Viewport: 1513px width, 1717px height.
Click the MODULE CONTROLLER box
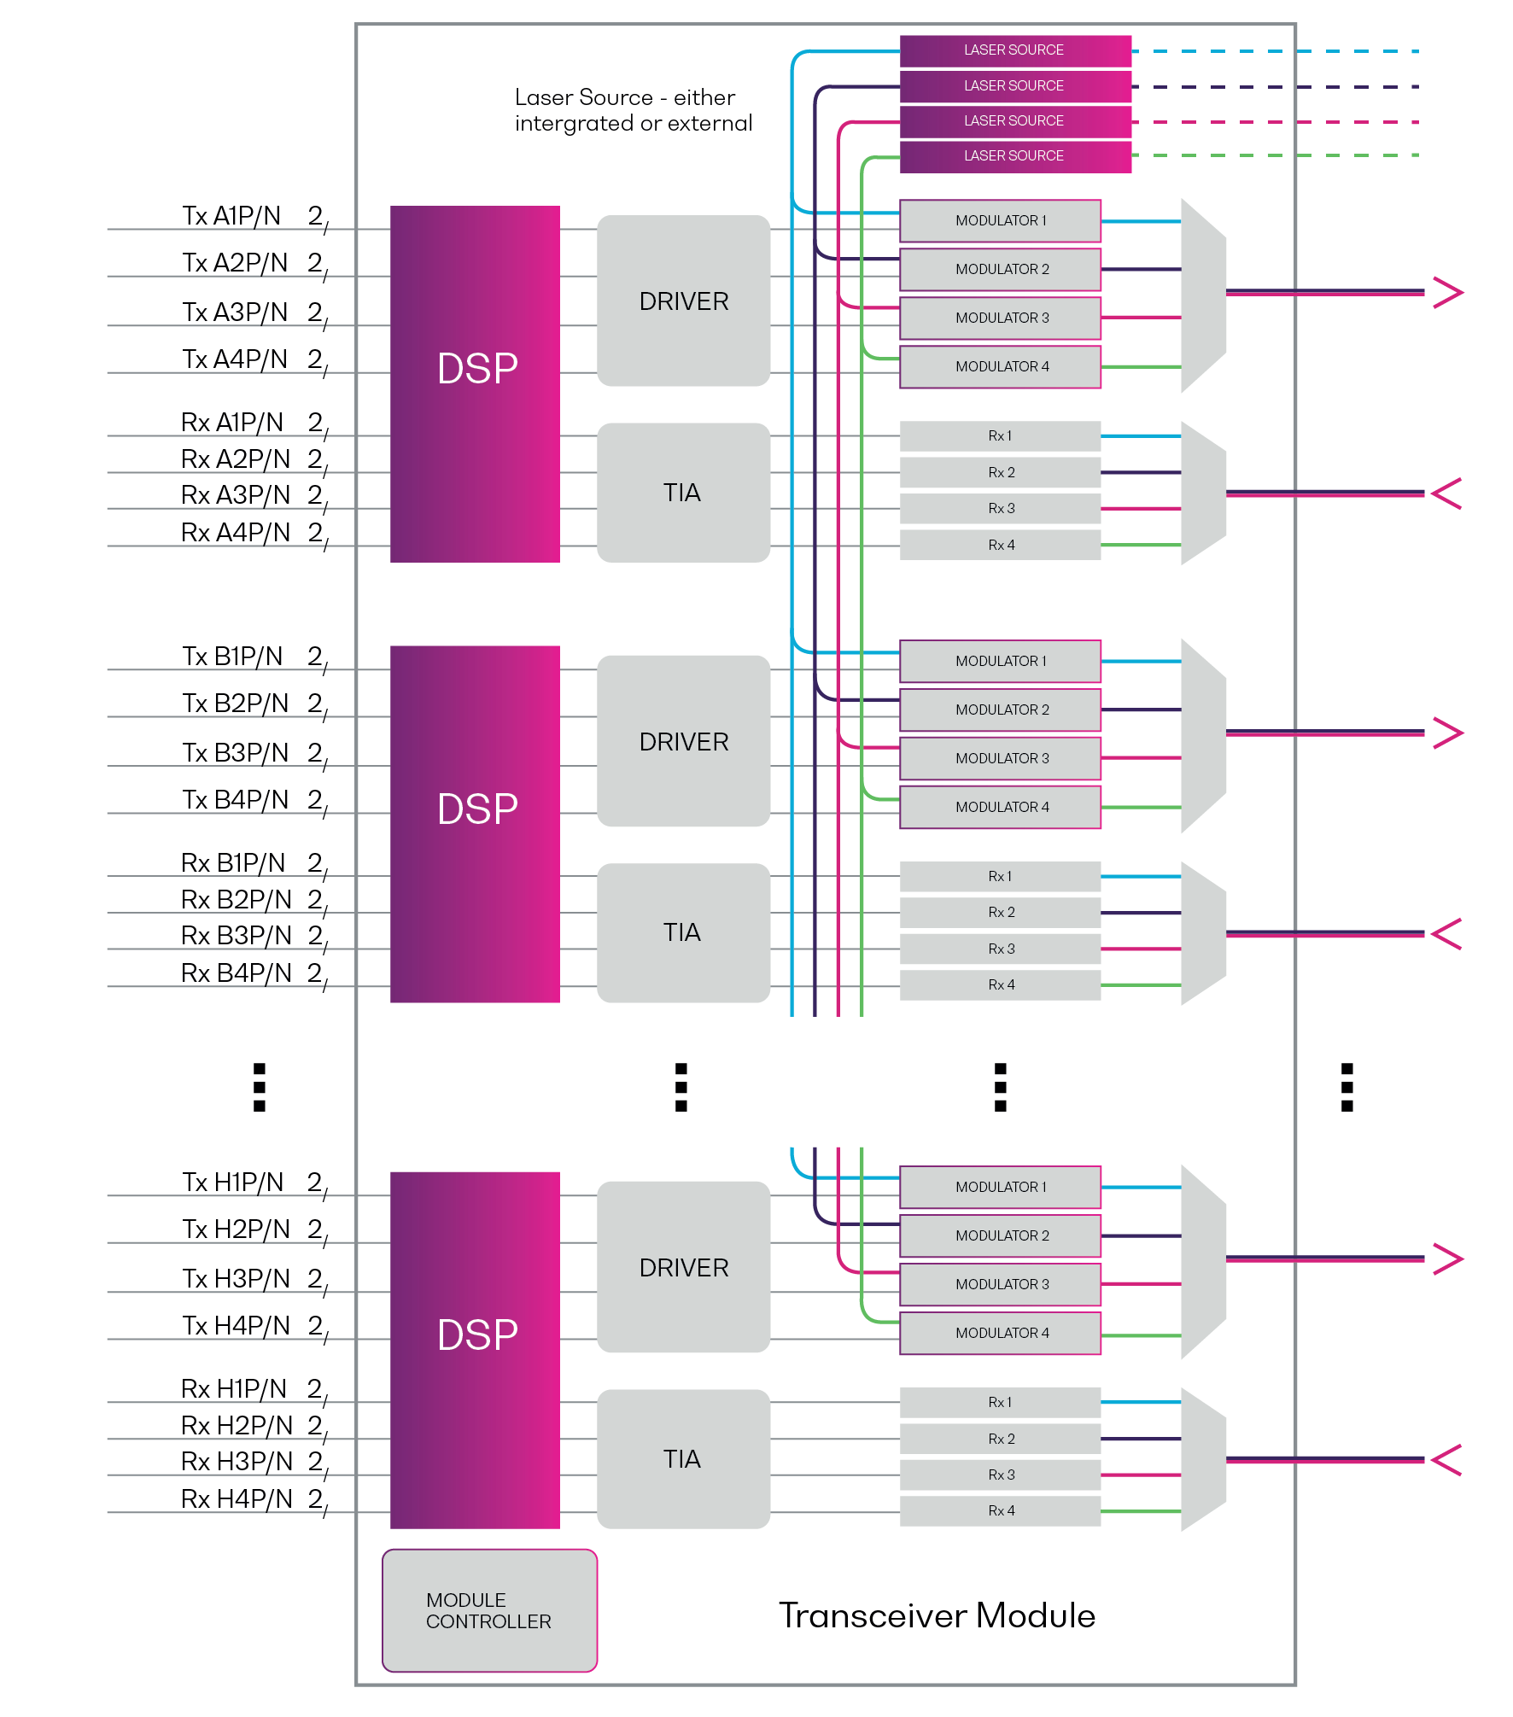(x=489, y=1609)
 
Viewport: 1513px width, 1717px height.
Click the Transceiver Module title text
(x=937, y=1615)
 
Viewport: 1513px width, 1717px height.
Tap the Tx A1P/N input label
(x=231, y=216)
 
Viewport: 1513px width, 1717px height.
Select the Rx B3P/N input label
(x=237, y=936)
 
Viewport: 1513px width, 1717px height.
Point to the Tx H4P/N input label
(x=237, y=1325)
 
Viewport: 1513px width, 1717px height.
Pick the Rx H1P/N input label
(x=234, y=1389)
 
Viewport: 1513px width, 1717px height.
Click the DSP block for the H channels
(x=475, y=1350)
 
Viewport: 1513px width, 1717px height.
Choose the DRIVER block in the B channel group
(x=683, y=741)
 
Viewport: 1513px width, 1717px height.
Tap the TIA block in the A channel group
(x=683, y=493)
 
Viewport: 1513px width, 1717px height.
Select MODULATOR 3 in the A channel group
(x=1001, y=318)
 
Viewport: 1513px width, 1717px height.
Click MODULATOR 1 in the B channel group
(x=1001, y=661)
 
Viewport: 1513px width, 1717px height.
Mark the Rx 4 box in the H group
(x=1001, y=1510)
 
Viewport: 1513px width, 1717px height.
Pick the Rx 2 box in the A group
(x=1001, y=472)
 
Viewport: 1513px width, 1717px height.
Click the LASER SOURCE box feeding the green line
(x=1014, y=156)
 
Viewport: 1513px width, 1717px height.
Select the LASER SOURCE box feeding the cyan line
(x=1014, y=50)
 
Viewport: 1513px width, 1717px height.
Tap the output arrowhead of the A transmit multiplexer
(x=1448, y=293)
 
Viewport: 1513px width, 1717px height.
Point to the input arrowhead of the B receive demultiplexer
(x=1446, y=934)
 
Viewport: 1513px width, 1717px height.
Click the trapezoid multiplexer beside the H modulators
(x=1203, y=1261)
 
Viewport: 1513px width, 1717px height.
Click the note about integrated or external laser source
(x=633, y=110)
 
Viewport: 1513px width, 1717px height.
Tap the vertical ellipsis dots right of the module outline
(x=1347, y=1087)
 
